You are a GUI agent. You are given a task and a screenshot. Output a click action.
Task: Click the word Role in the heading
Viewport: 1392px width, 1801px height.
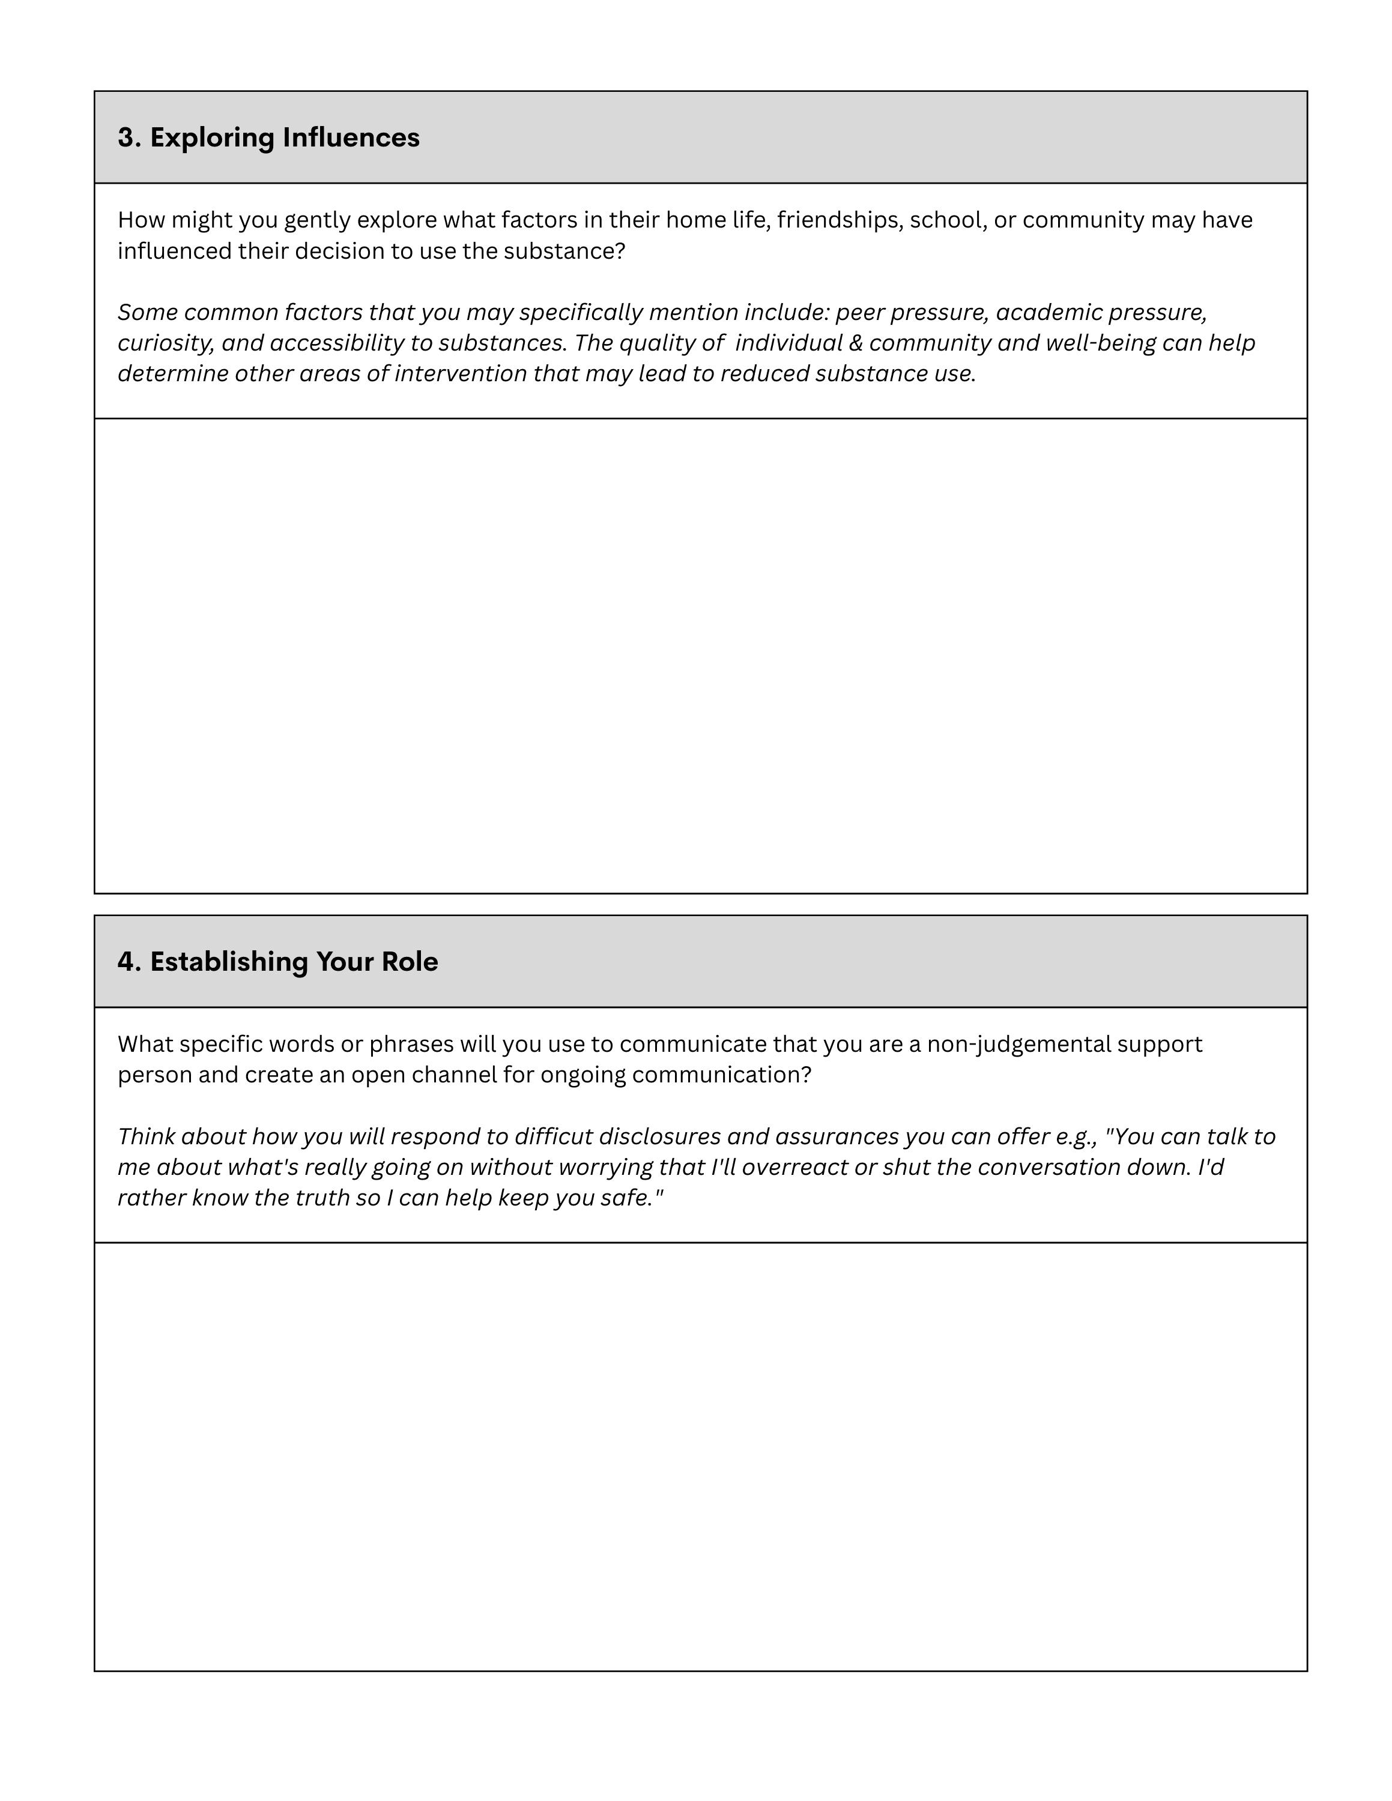(x=409, y=962)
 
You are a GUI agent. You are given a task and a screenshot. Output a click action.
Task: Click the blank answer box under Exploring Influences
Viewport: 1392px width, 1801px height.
(x=700, y=656)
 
